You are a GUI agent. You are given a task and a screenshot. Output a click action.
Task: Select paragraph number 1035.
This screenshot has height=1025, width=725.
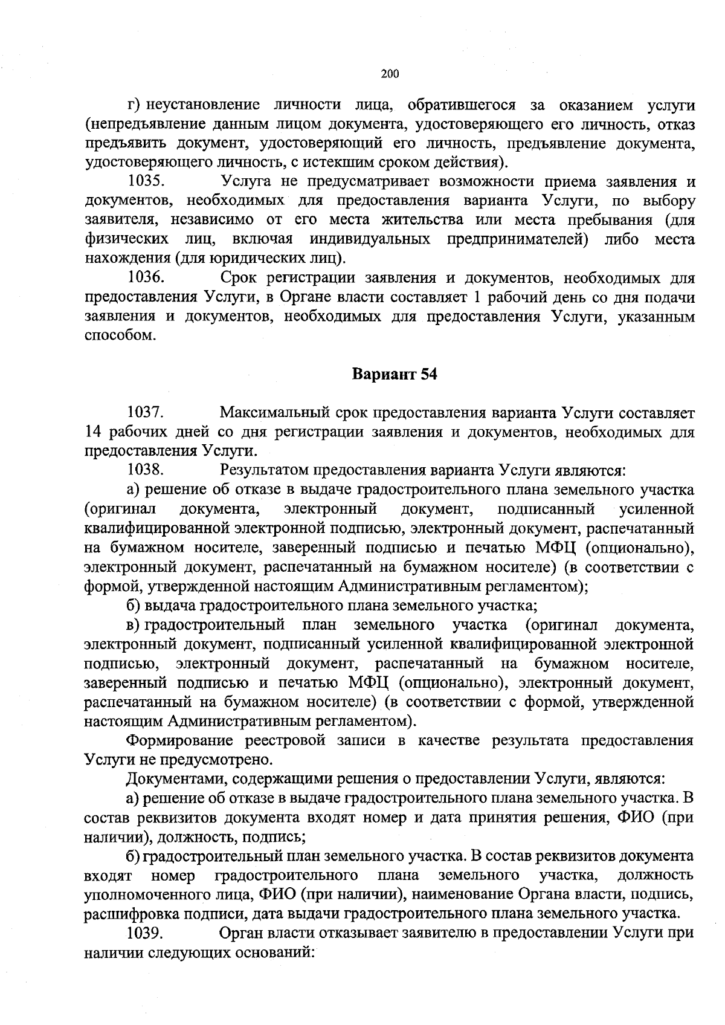pyautogui.click(x=146, y=181)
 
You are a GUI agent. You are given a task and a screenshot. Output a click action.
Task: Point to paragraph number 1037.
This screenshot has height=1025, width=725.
pyautogui.click(x=146, y=413)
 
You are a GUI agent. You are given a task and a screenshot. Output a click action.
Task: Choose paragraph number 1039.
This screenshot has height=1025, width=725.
pyautogui.click(x=146, y=933)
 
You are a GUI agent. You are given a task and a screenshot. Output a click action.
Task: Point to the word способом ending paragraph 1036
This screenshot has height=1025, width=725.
pyautogui.click(x=115, y=335)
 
